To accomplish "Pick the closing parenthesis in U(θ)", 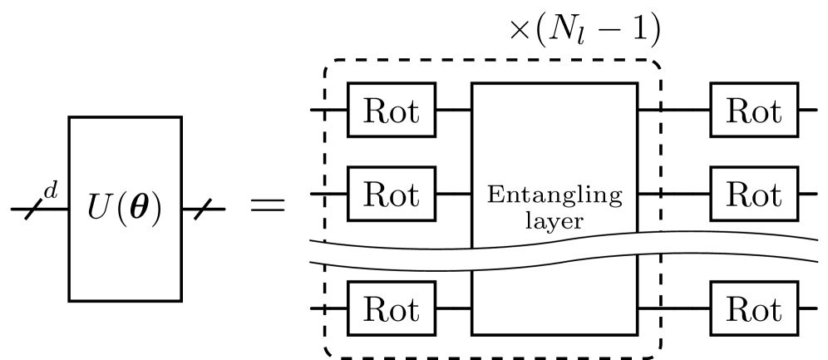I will click(x=154, y=209).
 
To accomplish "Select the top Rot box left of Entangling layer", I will click(x=391, y=110).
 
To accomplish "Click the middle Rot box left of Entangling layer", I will click(x=391, y=194).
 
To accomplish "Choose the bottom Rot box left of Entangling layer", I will click(x=391, y=308).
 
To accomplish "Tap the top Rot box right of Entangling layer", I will click(x=754, y=110).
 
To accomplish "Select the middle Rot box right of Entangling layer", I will click(x=754, y=194).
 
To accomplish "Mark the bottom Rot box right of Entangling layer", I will click(x=754, y=308).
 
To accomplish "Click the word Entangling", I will click(x=554, y=197).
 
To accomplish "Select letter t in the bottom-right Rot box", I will click(x=774, y=308).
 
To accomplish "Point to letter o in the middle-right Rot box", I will click(x=757, y=196).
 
